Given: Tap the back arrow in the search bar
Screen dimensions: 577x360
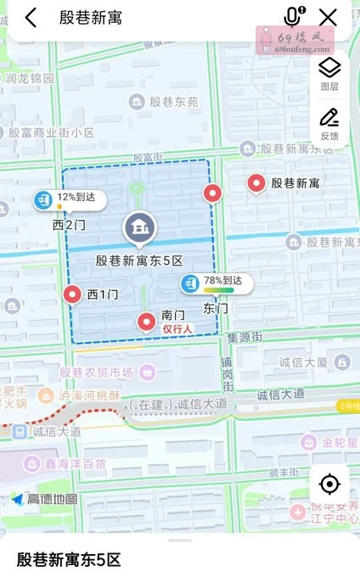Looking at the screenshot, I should (31, 17).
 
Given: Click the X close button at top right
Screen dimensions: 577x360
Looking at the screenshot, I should (328, 17).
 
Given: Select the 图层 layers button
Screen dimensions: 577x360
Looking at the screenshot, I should (329, 73).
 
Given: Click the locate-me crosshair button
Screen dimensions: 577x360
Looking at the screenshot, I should (329, 485).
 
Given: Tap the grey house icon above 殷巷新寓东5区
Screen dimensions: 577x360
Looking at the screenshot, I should (140, 227).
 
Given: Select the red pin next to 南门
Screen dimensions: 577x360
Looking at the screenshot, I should (147, 321).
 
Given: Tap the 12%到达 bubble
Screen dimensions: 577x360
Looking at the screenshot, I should (68, 199).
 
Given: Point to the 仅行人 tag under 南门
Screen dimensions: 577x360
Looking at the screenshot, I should (178, 328).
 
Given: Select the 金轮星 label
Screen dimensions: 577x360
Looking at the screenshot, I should (336, 442).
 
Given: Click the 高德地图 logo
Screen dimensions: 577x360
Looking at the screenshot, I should (45, 499).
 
